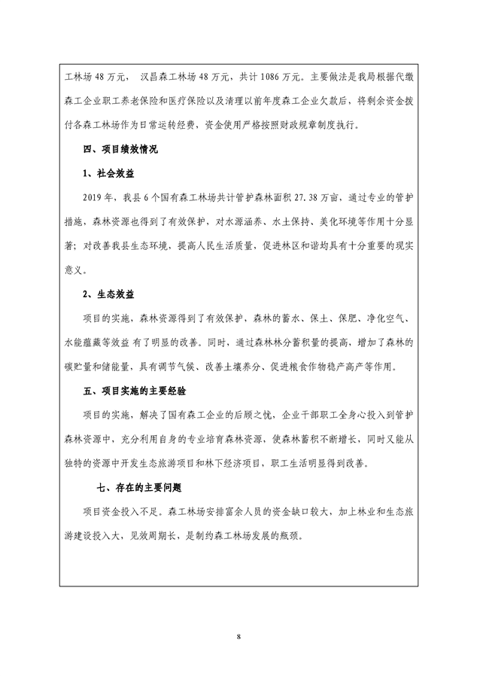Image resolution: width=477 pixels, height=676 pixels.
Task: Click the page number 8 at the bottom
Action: pos(238,637)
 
